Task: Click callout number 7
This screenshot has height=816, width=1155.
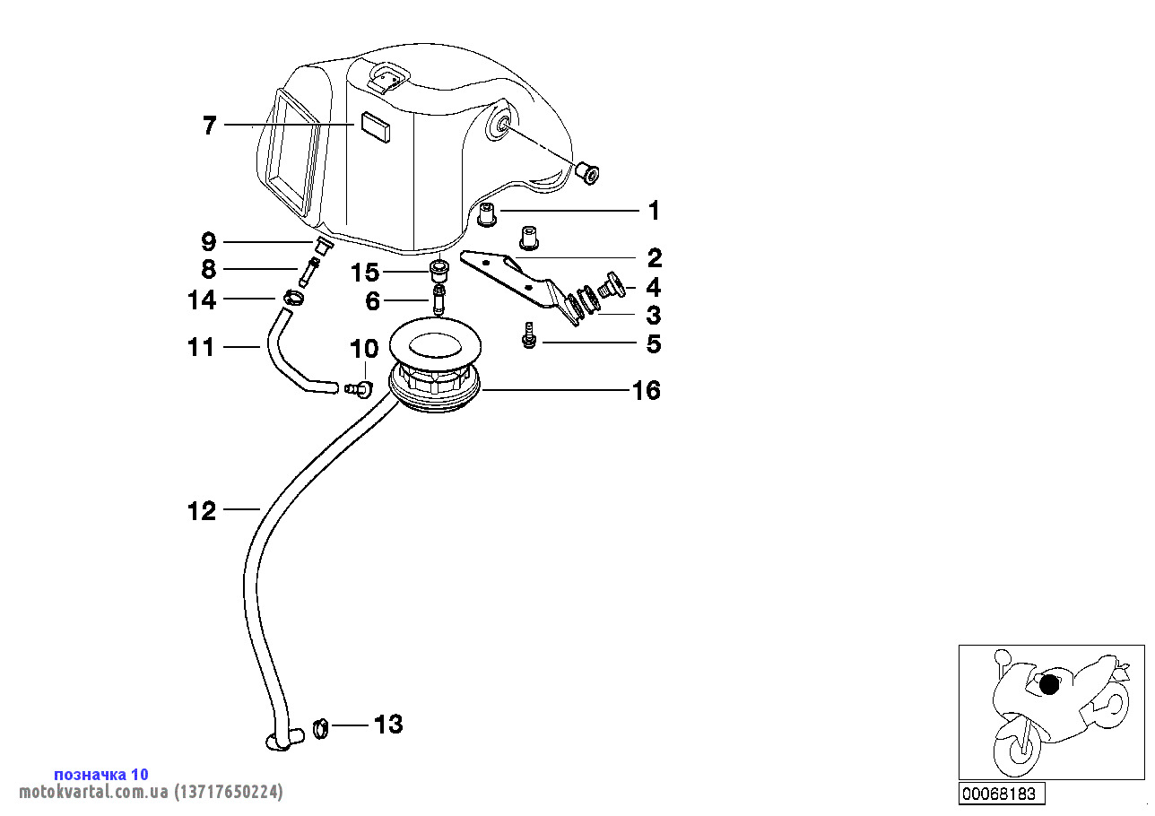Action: (209, 126)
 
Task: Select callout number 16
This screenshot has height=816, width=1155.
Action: (646, 391)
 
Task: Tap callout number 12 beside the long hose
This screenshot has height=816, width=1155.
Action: (202, 511)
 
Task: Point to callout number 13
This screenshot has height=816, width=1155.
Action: (388, 724)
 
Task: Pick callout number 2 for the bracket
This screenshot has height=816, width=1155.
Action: (655, 259)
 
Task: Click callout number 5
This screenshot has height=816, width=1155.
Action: (654, 343)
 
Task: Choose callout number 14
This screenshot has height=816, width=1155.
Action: (202, 299)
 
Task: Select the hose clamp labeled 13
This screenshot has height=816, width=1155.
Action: (321, 730)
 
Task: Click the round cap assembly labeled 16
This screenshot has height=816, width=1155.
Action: (436, 371)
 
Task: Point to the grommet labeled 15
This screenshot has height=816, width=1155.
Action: (439, 271)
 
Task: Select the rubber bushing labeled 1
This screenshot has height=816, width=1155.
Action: (489, 214)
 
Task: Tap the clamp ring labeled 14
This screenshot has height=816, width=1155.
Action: (293, 298)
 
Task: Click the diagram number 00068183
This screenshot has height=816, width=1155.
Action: (998, 794)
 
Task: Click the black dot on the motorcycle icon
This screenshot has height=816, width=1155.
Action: (1049, 686)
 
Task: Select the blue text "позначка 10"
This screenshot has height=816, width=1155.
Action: (101, 774)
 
